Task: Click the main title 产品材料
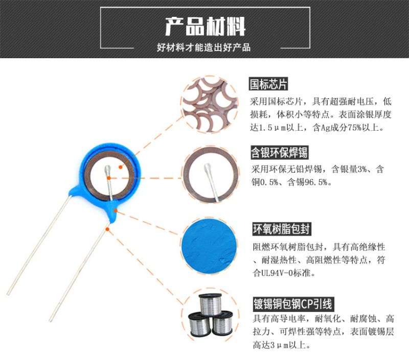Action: coord(205,27)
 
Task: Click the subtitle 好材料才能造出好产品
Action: coord(203,47)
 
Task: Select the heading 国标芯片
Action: coord(268,84)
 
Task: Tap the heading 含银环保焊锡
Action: coord(279,152)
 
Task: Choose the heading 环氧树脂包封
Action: coord(282,229)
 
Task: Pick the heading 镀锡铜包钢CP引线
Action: coord(293,304)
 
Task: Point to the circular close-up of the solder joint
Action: coord(211,174)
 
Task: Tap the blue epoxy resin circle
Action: coord(209,246)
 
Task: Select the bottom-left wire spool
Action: coord(199,325)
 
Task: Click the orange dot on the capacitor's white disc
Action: coord(120,167)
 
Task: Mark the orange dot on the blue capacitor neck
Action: coord(116,210)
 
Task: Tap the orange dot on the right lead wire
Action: coord(107,229)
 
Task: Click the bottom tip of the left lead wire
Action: coord(8,295)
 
